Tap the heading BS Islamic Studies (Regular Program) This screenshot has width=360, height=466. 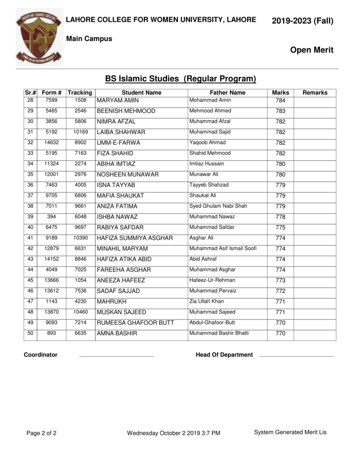181,79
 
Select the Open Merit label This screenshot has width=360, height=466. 311,50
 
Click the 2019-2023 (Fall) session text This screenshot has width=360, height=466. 302,21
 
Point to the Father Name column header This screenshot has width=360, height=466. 227,92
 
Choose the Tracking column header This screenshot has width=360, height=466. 80,92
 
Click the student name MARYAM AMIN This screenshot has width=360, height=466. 117,101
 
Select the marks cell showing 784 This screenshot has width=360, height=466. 280,101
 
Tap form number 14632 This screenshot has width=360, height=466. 51,142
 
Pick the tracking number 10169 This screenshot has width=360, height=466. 80,132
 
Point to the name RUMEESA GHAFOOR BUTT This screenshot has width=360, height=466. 135,323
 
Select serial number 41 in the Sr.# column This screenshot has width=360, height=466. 30,238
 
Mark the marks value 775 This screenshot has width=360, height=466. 280,228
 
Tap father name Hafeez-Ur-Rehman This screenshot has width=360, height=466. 212,280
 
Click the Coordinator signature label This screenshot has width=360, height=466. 41,355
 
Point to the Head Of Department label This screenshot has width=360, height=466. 224,355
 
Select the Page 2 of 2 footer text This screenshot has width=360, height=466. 41,433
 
